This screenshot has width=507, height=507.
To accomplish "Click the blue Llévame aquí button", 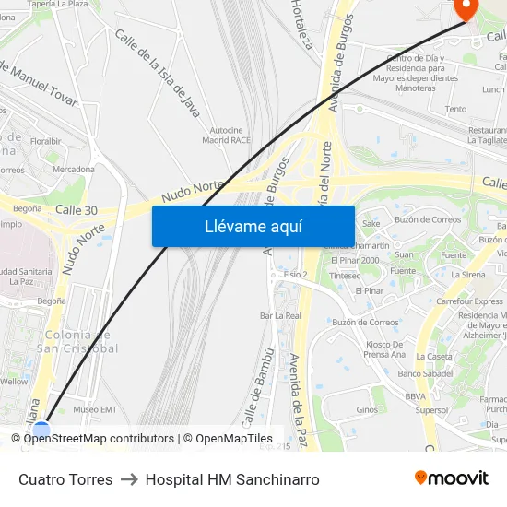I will point(253,226).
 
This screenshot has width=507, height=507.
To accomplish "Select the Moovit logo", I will point(451,478).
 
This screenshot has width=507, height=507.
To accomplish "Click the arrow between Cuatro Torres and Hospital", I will point(129,479).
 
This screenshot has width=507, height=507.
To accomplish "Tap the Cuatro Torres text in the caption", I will point(65,479).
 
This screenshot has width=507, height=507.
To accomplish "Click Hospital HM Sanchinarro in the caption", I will point(232,479).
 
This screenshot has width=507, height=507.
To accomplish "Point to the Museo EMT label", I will point(95,409).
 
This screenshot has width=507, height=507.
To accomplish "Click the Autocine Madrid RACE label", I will point(227,135).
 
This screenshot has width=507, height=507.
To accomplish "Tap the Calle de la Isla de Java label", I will point(158,72).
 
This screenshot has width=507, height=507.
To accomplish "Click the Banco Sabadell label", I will point(426,373).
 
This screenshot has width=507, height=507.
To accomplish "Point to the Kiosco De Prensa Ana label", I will point(384,348).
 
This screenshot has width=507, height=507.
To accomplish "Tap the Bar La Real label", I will point(280,315).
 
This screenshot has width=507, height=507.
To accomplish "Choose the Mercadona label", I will point(74,169).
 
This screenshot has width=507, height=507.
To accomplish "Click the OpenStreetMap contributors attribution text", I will point(99,439).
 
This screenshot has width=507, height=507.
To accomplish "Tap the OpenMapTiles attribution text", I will point(234,439).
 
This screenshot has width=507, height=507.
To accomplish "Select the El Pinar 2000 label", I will point(355,260).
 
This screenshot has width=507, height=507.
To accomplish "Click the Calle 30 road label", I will point(77,210).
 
